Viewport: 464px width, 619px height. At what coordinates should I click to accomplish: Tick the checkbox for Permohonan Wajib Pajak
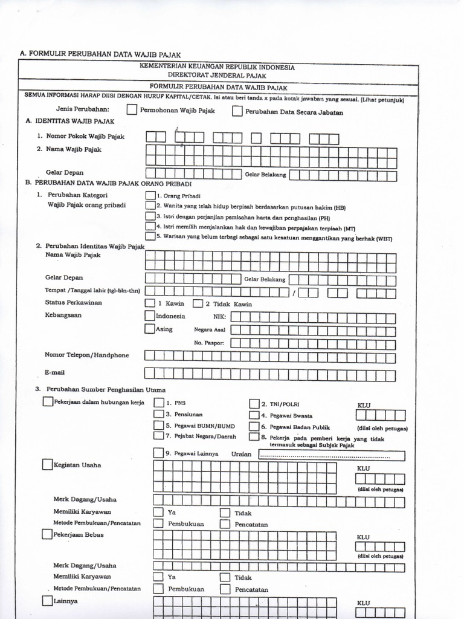click(x=132, y=110)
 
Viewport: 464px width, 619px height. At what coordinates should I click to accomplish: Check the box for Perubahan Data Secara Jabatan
click(x=237, y=111)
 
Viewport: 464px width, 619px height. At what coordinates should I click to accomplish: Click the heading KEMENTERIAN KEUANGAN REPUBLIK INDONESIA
click(x=217, y=67)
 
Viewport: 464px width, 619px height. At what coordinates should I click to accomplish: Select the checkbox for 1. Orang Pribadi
click(x=150, y=195)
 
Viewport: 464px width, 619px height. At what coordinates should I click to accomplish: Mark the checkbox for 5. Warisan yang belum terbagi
click(x=150, y=236)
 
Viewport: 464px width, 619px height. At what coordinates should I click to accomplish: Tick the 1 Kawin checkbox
click(x=150, y=303)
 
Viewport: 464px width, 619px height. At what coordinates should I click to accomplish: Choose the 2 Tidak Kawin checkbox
click(x=198, y=303)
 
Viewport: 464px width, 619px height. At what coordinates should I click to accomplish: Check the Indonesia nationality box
click(x=150, y=316)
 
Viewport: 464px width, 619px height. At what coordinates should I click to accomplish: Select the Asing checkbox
click(x=150, y=329)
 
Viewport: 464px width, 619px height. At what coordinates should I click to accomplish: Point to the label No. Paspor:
click(x=209, y=343)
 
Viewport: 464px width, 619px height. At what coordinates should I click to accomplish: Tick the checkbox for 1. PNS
click(x=158, y=403)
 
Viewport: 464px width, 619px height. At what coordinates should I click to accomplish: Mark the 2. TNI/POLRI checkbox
click(x=254, y=404)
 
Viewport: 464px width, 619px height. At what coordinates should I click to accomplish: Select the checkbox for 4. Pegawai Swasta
click(x=254, y=415)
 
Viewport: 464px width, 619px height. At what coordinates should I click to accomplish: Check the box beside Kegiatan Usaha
click(x=47, y=465)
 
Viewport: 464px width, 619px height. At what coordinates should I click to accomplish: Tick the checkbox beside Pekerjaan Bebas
click(x=47, y=534)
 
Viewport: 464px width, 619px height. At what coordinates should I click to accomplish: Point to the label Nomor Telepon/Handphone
click(x=86, y=355)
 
